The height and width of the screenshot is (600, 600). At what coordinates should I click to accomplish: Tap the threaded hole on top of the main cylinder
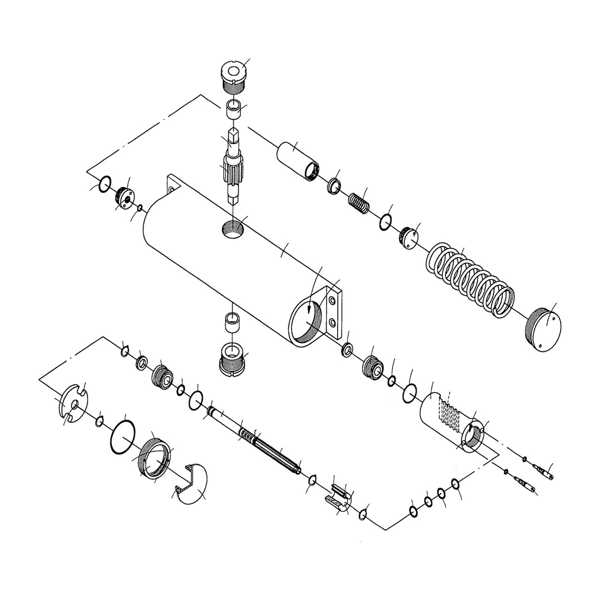pos(233,229)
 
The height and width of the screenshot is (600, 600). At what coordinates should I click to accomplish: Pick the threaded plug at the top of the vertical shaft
pos(233,76)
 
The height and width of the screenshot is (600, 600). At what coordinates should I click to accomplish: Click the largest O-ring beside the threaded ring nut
pos(124,437)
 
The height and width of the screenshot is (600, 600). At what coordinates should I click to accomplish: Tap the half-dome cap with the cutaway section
pos(189,485)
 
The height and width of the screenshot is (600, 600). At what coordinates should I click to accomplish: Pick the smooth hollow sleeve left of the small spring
pos(298,161)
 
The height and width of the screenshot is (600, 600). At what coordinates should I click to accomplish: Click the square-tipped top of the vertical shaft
pos(233,137)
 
